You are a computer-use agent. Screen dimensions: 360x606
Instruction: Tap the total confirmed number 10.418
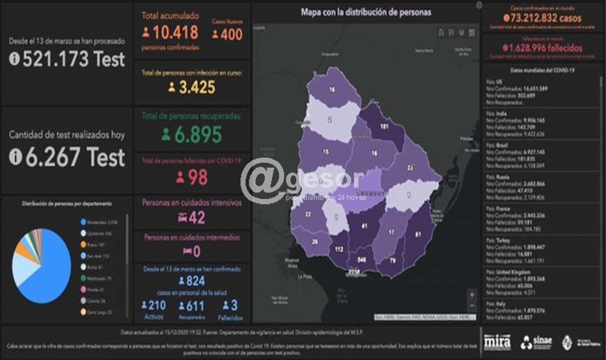pos(175,33)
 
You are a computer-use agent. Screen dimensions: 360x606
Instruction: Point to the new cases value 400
pos(231,34)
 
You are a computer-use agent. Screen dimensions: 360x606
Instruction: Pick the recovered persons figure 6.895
pos(198,135)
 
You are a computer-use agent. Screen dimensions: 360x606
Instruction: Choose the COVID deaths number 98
pos(198,177)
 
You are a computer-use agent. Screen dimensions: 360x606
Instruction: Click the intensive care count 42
pos(197,217)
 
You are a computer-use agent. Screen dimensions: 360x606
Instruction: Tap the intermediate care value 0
pos(197,251)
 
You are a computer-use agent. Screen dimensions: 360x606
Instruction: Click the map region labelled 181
pos(384,126)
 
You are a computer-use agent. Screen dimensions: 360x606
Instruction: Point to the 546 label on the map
pos(361,259)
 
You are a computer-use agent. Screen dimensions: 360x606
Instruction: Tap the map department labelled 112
pos(339,249)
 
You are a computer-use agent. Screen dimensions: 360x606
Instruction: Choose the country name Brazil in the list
pos(502,145)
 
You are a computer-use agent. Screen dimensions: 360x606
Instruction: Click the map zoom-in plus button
pos(472,294)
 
